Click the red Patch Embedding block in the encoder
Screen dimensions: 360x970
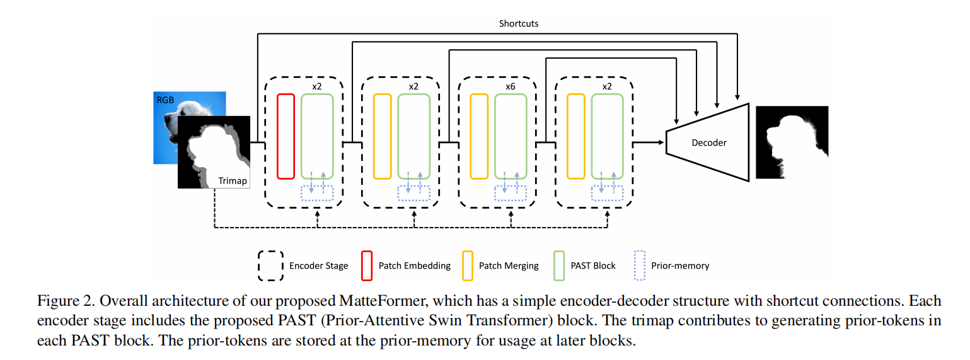click(286, 136)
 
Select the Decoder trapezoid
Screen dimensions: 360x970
click(708, 142)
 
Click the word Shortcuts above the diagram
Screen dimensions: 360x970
click(519, 24)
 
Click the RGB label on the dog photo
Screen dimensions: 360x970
click(165, 100)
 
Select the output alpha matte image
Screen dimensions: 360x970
click(792, 142)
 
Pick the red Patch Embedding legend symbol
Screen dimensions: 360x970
click(366, 265)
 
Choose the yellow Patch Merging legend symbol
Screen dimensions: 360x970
click(467, 265)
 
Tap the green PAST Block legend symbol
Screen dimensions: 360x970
click(558, 265)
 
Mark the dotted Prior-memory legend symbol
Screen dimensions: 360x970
click(638, 265)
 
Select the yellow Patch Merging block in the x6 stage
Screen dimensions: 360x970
click(479, 136)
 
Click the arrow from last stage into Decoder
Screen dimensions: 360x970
click(649, 142)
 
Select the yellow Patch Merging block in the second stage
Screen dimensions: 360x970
click(383, 136)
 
